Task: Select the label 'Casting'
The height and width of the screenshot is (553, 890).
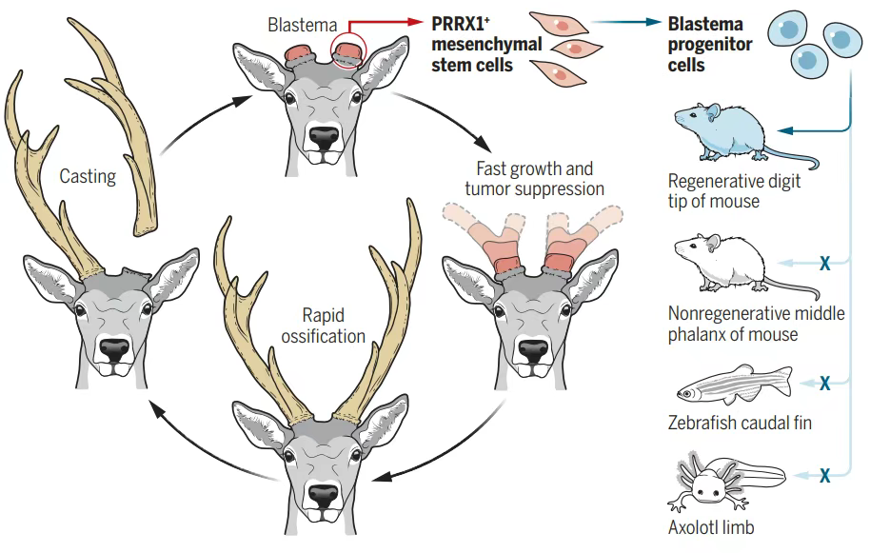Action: (88, 176)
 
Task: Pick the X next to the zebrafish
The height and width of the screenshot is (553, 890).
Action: (825, 384)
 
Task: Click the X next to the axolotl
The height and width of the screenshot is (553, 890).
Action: (825, 473)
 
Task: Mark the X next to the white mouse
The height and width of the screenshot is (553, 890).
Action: (825, 263)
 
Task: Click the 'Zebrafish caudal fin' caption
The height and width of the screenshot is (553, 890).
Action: (740, 422)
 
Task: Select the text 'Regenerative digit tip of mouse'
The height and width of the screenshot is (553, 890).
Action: (734, 190)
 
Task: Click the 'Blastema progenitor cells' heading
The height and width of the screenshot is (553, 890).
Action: (709, 44)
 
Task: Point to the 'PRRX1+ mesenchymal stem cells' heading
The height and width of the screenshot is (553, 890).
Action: (473, 43)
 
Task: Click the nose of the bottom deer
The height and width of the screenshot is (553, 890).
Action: (321, 495)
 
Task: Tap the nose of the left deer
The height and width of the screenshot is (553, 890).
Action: (114, 349)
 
